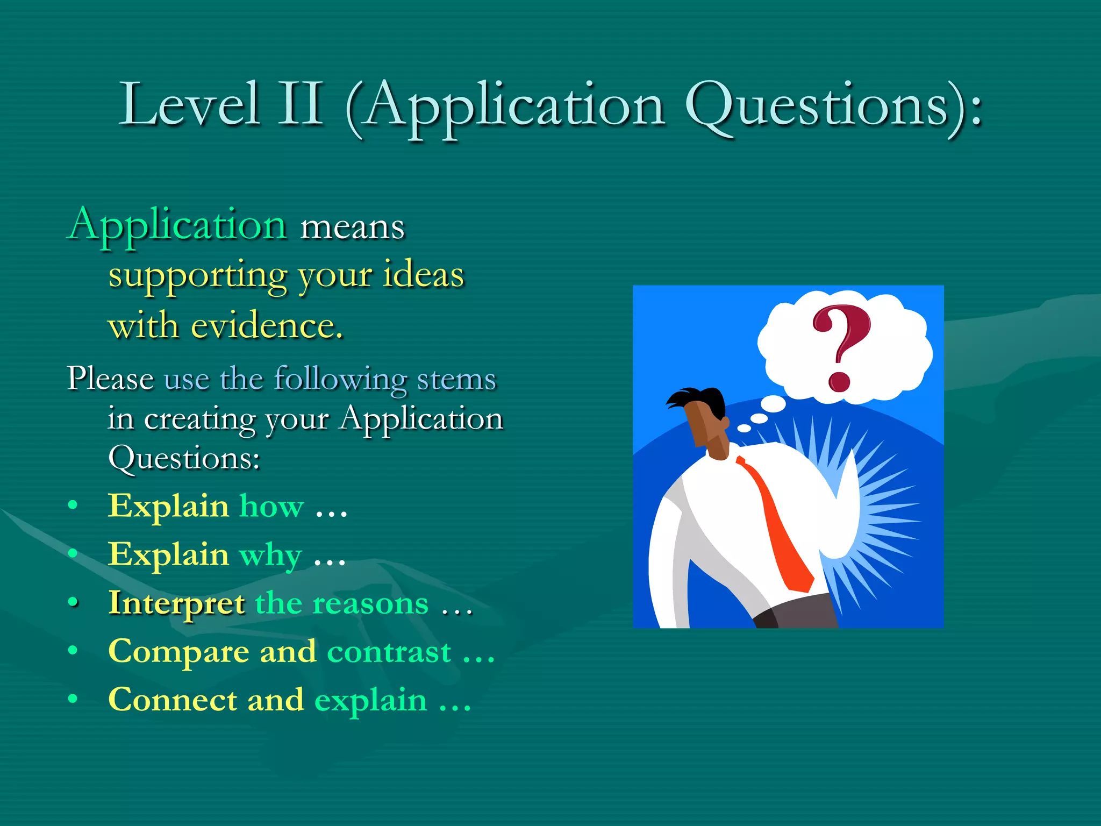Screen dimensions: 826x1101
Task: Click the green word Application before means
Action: [x=178, y=225]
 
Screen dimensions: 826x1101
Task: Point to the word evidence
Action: [x=267, y=326]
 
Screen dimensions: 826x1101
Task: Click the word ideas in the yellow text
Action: [x=423, y=275]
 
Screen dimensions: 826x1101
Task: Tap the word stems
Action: [x=456, y=379]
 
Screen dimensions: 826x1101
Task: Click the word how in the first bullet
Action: [x=271, y=507]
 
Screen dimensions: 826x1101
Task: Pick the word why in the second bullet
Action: [x=270, y=556]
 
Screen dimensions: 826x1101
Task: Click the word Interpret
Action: [x=176, y=603]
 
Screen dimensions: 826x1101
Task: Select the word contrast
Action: [x=389, y=652]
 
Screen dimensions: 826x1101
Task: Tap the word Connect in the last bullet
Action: [x=172, y=700]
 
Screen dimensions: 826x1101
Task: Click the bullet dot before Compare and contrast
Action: [x=73, y=651]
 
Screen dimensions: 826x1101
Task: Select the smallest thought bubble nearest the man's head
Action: [x=744, y=428]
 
